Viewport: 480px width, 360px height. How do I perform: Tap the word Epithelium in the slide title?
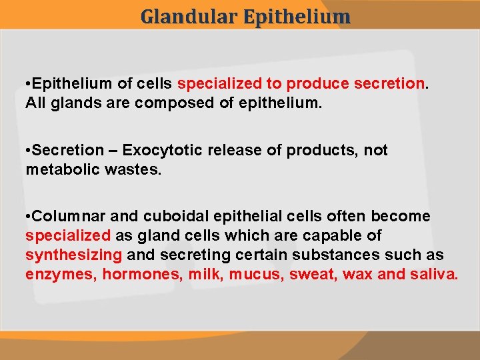[297, 16]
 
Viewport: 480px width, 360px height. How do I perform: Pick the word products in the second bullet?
[323, 151]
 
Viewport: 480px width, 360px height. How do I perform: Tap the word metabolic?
[63, 170]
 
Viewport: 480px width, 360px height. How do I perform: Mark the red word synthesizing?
[73, 255]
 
